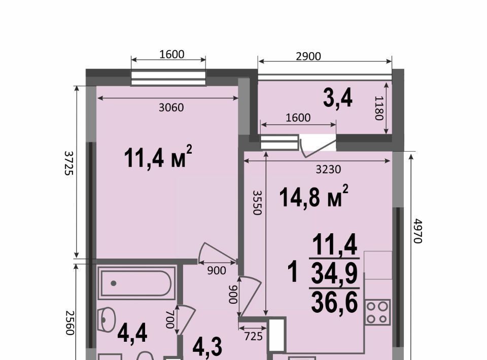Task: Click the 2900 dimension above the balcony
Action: pyautogui.click(x=308, y=56)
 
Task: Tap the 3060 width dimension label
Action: pyautogui.click(x=171, y=107)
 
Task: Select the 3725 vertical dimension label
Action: pyautogui.click(x=69, y=163)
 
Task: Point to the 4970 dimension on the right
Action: pyautogui.click(x=418, y=231)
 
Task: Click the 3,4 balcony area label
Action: pyautogui.click(x=338, y=98)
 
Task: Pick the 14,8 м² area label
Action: pyautogui.click(x=314, y=196)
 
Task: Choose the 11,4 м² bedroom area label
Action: pyautogui.click(x=158, y=157)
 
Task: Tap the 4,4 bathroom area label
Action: pyautogui.click(x=132, y=333)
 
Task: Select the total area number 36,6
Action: pyautogui.click(x=334, y=303)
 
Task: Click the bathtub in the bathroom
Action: pyautogui.click(x=136, y=283)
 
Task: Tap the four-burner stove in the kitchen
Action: pyautogui.click(x=377, y=312)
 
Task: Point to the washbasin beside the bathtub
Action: pyautogui.click(x=107, y=319)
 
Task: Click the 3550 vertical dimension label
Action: pyautogui.click(x=258, y=202)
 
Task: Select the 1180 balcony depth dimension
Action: pyautogui.click(x=379, y=108)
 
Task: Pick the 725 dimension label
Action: pyautogui.click(x=254, y=336)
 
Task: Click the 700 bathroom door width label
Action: pyautogui.click(x=170, y=319)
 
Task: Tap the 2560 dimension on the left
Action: pyautogui.click(x=70, y=323)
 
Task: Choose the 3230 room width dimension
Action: pyautogui.click(x=328, y=169)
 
